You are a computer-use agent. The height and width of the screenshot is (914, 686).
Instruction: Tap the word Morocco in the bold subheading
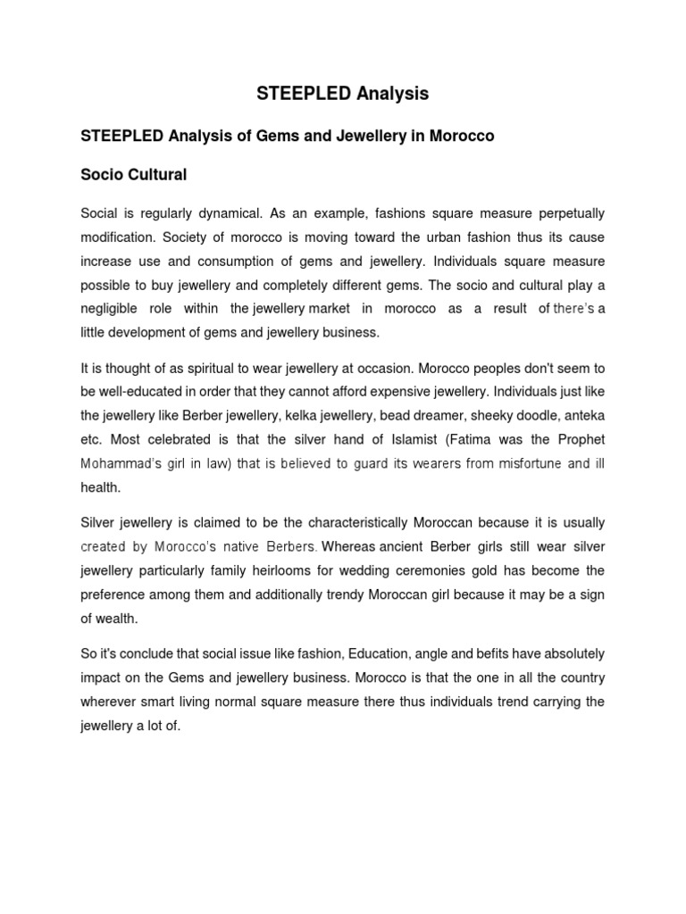point(462,137)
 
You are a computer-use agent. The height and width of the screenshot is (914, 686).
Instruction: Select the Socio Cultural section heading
point(134,175)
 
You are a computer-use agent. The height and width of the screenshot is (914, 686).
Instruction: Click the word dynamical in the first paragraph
point(229,214)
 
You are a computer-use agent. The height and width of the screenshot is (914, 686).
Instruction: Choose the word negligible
point(110,309)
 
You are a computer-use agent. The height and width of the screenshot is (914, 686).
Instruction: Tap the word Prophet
point(581,440)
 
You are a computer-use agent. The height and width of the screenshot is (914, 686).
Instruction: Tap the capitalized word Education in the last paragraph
point(375,654)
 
